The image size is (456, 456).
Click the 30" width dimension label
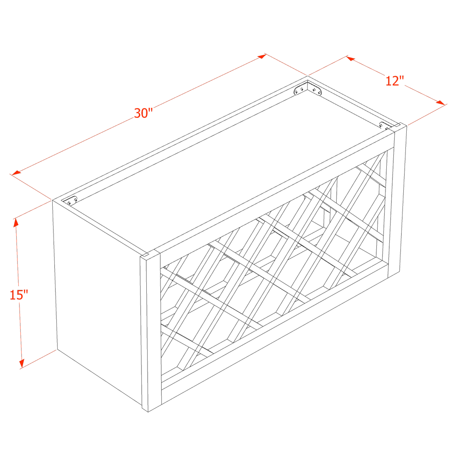[x=143, y=112]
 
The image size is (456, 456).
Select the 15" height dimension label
[x=18, y=295]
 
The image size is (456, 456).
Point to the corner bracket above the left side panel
[x=72, y=201]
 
